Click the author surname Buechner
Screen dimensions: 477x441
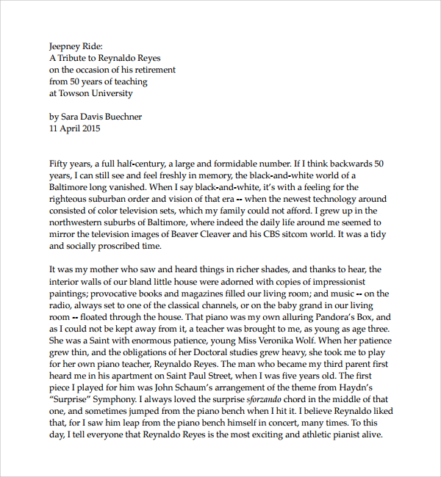(118, 117)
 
